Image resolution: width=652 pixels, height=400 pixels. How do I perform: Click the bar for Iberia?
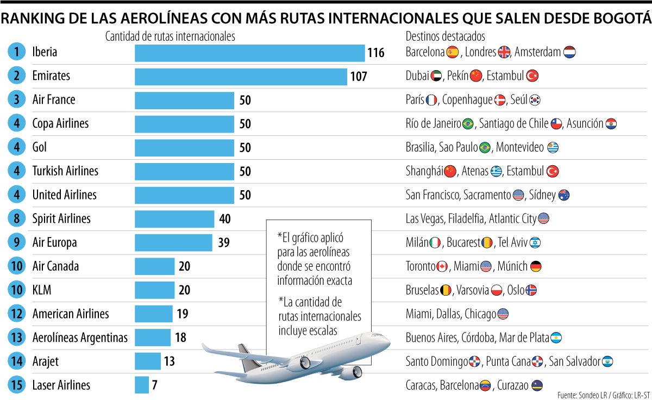[x=249, y=53]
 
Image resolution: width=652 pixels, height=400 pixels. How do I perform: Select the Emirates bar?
[x=241, y=77]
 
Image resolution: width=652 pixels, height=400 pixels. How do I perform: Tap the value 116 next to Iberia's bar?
[x=375, y=53]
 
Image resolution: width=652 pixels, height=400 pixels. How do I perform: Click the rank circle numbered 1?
[x=17, y=52]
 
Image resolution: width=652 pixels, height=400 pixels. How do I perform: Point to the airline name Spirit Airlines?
[x=61, y=218]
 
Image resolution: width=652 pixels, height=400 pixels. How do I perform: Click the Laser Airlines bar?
[x=141, y=385]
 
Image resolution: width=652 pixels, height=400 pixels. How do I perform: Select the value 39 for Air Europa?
[x=224, y=243]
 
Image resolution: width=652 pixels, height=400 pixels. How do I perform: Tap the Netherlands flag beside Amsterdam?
[x=569, y=52]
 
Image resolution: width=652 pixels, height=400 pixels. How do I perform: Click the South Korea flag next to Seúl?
[x=535, y=100]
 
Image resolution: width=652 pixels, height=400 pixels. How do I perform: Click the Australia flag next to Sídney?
[x=563, y=195]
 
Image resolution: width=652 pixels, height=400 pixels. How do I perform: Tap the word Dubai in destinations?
[x=417, y=76]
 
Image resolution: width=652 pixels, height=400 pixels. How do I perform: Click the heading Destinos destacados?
[x=445, y=36]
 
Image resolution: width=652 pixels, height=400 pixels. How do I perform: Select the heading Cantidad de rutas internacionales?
[x=170, y=36]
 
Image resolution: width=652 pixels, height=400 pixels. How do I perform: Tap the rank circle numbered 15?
[x=17, y=385]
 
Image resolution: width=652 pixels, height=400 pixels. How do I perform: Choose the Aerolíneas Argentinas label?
[x=80, y=337]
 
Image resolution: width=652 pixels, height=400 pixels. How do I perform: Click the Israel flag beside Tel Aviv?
[x=535, y=242]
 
